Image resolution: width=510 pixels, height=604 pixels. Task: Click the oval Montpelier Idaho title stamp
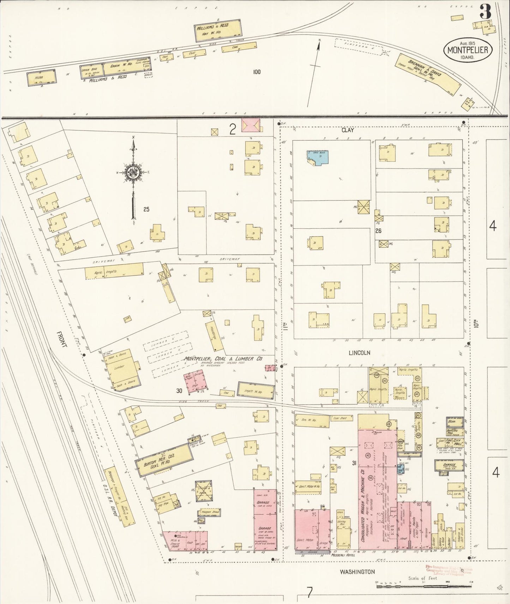(468, 50)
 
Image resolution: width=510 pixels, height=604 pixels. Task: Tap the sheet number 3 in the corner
(485, 13)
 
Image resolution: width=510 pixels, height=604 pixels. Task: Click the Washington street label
(357, 572)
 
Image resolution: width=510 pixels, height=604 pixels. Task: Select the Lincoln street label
(359, 352)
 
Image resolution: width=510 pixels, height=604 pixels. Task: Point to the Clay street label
(347, 130)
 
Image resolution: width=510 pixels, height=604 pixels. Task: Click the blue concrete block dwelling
(318, 157)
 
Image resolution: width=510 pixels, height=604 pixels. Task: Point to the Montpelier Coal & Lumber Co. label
(223, 359)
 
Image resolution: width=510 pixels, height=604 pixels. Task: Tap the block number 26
(378, 231)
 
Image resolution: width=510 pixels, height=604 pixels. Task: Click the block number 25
(146, 209)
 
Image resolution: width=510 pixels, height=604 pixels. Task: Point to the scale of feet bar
(424, 586)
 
